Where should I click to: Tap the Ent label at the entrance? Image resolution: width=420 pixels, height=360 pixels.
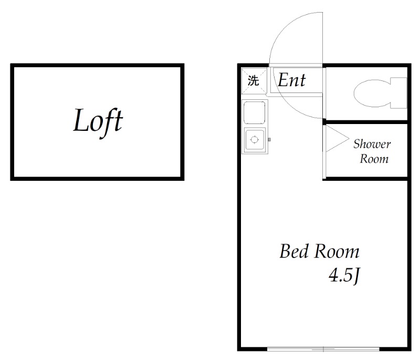[x=291, y=80]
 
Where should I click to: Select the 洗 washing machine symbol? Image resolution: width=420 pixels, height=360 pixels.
[x=254, y=81]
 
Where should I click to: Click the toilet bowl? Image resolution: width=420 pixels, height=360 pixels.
[x=370, y=93]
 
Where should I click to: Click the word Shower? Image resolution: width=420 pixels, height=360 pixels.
[x=372, y=144]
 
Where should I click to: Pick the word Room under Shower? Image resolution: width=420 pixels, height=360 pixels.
[x=374, y=158]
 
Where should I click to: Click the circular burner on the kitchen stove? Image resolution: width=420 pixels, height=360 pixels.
[x=255, y=140]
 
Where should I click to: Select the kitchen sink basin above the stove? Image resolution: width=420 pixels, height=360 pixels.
[x=255, y=111]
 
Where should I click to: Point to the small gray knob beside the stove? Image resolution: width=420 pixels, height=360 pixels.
[x=269, y=139]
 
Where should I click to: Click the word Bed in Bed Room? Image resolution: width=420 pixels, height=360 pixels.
[x=294, y=252]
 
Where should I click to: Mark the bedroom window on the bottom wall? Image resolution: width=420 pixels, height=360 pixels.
[x=323, y=348]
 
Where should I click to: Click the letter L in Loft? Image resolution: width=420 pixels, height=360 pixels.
[x=80, y=121]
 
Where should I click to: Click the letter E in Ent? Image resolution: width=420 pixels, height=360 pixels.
[x=283, y=80]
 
